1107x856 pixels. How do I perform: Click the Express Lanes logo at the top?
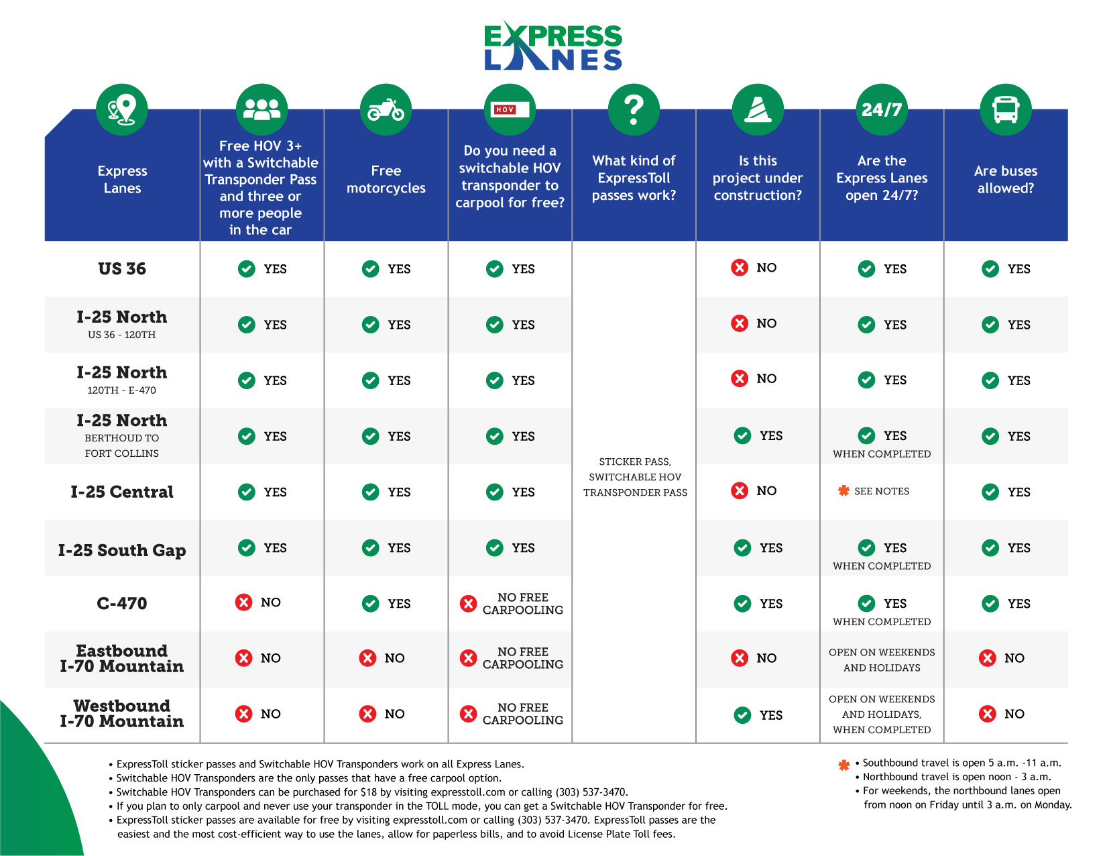tap(553, 46)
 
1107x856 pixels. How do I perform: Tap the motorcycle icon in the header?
tap(386, 109)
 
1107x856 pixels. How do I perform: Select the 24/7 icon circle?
tap(882, 109)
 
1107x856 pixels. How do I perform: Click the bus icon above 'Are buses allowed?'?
tap(1006, 109)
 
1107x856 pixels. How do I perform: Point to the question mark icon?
tap(634, 109)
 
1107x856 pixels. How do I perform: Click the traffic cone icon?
tap(758, 109)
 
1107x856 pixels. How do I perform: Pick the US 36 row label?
tap(122, 269)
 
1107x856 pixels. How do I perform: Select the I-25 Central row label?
tap(122, 492)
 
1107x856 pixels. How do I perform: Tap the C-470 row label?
tap(122, 603)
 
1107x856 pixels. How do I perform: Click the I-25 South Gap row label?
tap(122, 550)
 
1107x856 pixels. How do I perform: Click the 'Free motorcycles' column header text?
tap(386, 180)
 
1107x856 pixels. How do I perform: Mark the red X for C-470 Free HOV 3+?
tap(244, 602)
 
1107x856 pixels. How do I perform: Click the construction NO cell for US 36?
tap(754, 268)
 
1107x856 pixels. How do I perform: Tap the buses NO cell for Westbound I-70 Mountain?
tap(1002, 714)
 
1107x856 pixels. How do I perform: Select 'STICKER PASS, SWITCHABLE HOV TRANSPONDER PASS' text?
tap(635, 477)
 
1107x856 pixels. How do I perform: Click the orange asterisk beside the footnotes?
tap(844, 765)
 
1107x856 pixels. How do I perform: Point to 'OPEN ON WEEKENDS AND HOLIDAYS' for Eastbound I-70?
tap(882, 660)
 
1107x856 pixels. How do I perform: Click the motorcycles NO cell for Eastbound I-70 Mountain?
tap(382, 658)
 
